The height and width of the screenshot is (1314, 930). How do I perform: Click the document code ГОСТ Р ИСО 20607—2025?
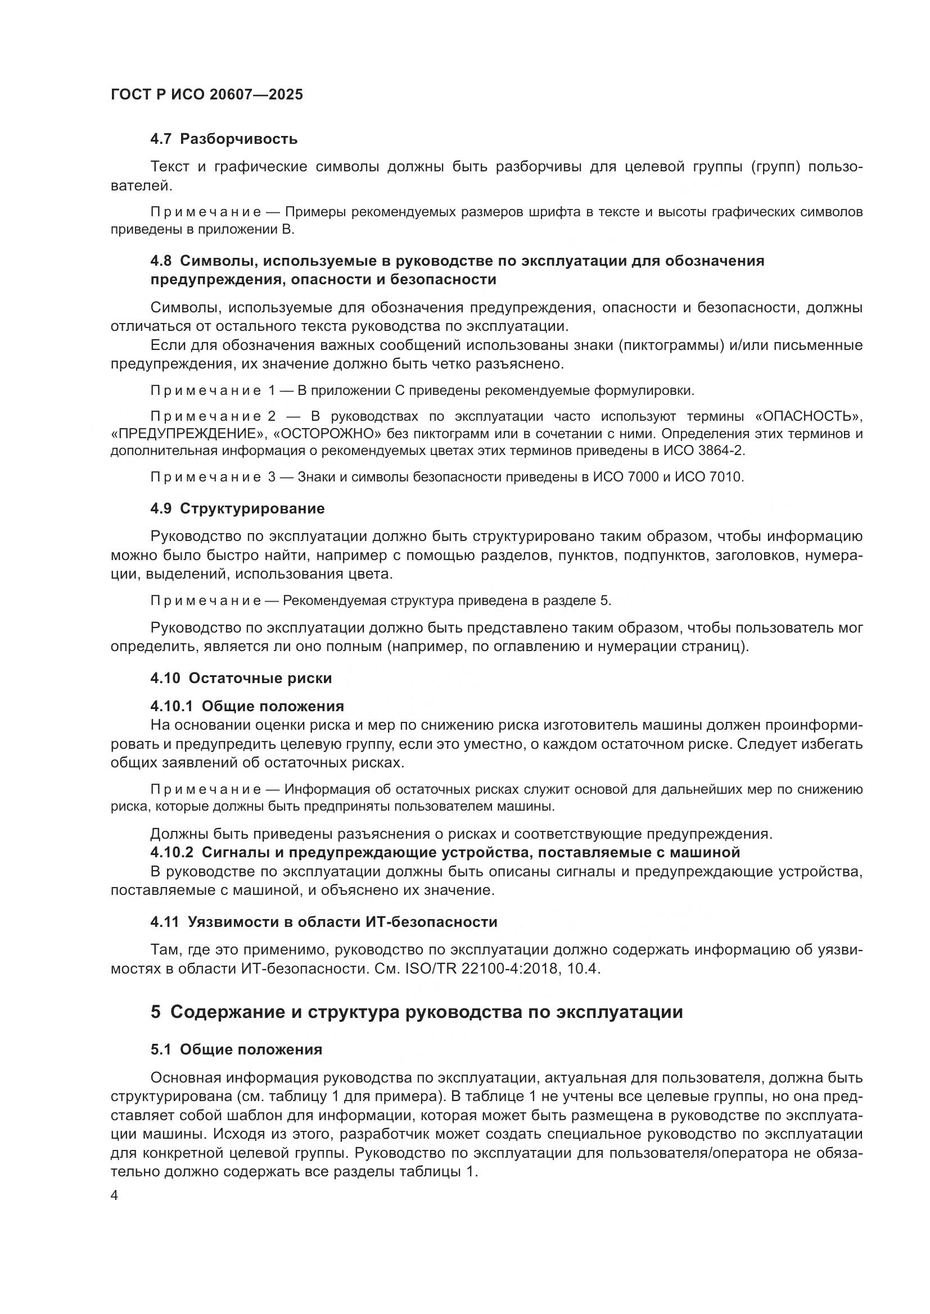click(207, 95)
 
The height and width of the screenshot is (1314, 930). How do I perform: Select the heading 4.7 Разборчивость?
click(224, 139)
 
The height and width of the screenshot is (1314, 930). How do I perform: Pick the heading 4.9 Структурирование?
click(238, 509)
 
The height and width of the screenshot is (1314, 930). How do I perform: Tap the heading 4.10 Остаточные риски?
click(241, 679)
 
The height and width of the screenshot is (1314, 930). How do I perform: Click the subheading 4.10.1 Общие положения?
click(247, 706)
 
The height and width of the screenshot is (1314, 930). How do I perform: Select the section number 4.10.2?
click(173, 853)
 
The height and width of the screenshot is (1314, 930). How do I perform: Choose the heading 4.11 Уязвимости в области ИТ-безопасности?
click(324, 922)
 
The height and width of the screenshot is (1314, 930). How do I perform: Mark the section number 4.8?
click(161, 261)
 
